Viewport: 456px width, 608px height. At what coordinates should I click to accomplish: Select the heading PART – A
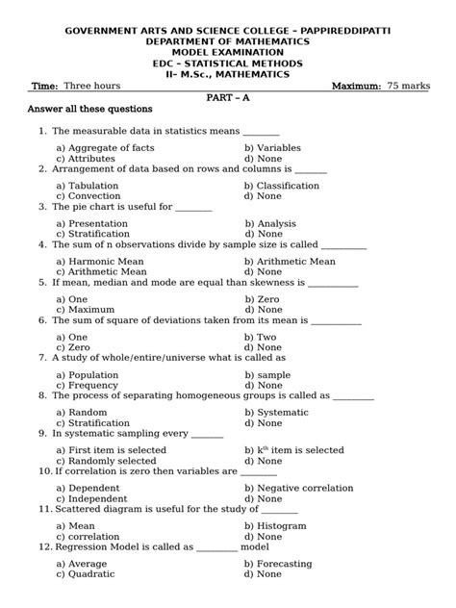pyautogui.click(x=227, y=97)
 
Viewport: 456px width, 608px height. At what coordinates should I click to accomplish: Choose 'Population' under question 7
pyautogui.click(x=98, y=374)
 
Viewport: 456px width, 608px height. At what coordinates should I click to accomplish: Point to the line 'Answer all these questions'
pyautogui.click(x=89, y=110)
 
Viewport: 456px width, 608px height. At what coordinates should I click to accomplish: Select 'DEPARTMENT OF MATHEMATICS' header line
pyautogui.click(x=227, y=43)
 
